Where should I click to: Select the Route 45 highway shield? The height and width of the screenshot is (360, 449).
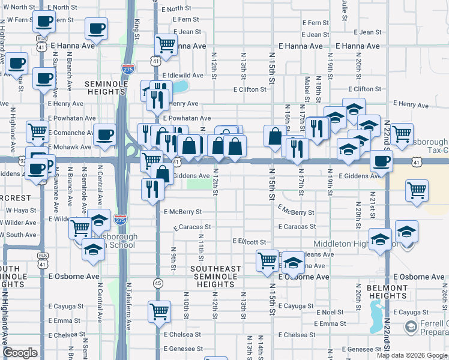[x=158, y=283]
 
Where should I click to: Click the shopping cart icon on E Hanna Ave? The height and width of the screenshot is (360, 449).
[x=165, y=43]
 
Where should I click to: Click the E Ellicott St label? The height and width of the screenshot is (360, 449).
[x=249, y=241]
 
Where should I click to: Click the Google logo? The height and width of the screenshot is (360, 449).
[x=20, y=353]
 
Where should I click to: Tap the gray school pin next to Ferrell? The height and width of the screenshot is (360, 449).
[x=411, y=328]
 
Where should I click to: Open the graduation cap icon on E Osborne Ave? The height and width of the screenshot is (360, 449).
[x=293, y=263]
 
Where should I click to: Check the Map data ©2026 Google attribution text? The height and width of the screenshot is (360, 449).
[x=411, y=355]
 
